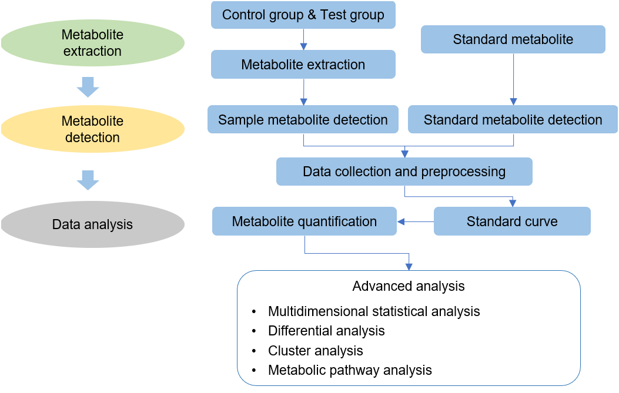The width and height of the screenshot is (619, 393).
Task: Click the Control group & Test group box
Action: click(x=303, y=15)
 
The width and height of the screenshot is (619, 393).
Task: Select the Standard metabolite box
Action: click(x=513, y=40)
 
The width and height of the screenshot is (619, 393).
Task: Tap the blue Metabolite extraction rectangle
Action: click(x=303, y=65)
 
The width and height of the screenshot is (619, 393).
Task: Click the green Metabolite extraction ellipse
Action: click(x=92, y=43)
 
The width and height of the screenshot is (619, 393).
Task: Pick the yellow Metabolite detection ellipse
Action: click(x=92, y=129)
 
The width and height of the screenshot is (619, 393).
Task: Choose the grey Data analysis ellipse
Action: click(x=92, y=224)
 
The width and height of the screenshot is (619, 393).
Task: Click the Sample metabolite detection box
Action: click(x=303, y=120)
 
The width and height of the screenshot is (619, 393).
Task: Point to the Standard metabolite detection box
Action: click(x=513, y=120)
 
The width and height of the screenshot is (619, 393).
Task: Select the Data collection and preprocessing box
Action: click(x=404, y=172)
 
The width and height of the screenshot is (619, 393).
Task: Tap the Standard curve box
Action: click(x=512, y=222)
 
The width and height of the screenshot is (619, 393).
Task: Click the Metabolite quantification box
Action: click(x=304, y=222)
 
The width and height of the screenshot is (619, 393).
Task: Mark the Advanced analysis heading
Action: click(x=409, y=287)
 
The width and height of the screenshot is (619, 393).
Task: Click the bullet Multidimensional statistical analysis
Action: click(x=374, y=311)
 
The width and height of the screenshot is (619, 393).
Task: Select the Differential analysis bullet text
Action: click(x=326, y=331)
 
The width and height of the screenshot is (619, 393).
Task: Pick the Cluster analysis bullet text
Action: click(x=316, y=351)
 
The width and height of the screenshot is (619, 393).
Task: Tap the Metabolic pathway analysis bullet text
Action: click(x=350, y=370)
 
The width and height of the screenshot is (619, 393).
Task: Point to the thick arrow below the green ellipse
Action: click(x=88, y=88)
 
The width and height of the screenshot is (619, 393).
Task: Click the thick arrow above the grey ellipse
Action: click(x=88, y=180)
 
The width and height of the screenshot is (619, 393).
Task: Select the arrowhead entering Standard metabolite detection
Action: click(x=513, y=101)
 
